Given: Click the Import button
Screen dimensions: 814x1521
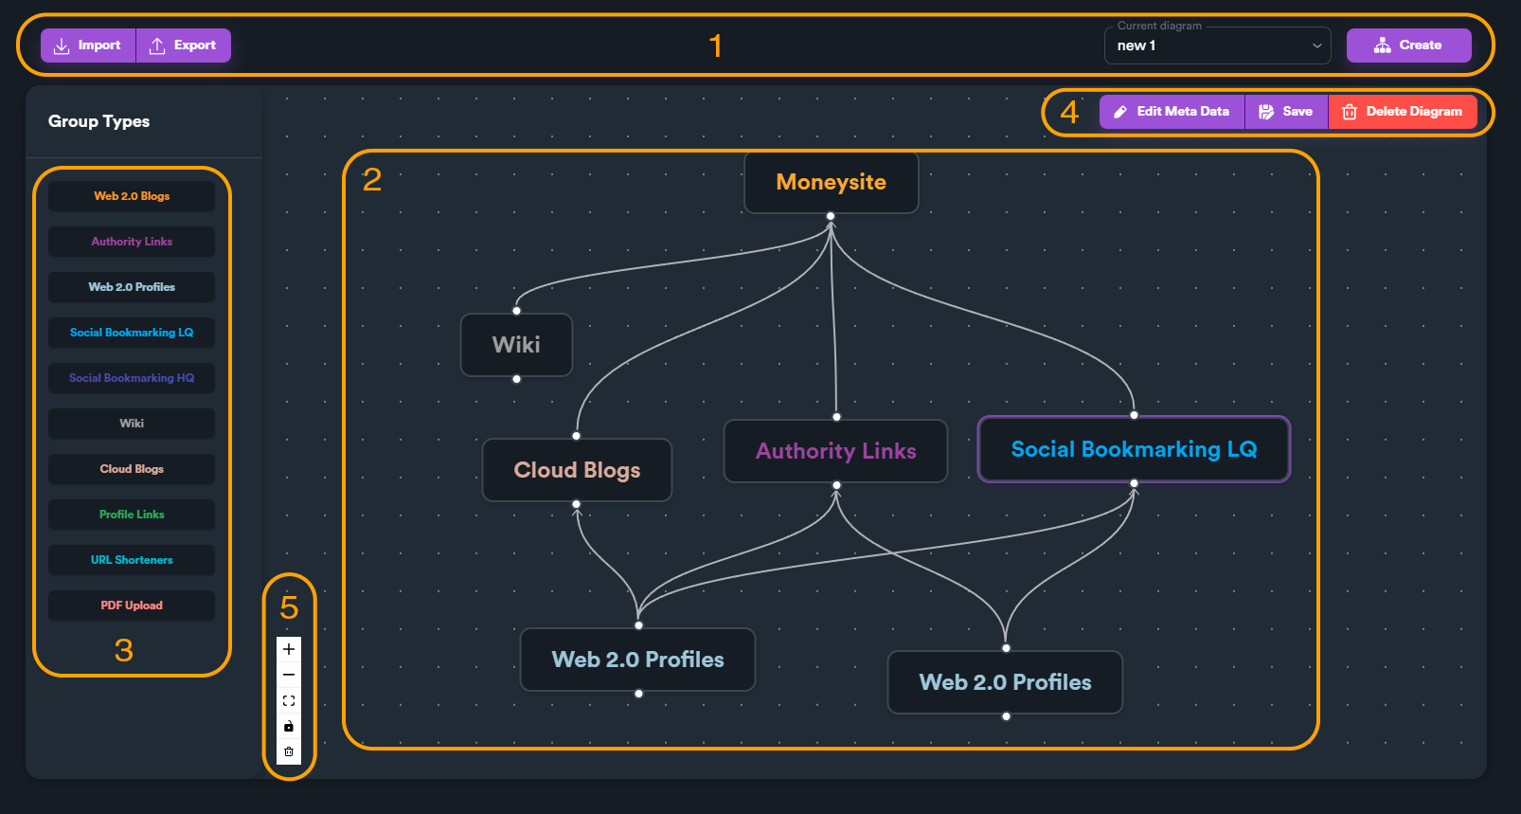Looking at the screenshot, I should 88,45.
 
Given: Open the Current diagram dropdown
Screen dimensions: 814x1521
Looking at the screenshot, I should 1217,45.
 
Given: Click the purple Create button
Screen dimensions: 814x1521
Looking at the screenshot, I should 1408,45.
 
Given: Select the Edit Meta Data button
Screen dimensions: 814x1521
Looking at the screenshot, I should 1172,112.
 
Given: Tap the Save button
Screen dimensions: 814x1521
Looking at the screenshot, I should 1286,112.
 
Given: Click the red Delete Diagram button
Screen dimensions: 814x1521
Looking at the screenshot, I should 1403,112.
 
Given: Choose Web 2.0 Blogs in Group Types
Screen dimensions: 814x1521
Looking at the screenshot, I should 132,196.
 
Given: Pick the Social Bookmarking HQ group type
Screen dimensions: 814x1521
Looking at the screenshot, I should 132,378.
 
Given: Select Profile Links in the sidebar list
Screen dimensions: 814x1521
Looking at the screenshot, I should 132,515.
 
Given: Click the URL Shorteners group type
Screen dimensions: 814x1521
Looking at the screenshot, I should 132,560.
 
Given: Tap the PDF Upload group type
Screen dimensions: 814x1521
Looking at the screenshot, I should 132,606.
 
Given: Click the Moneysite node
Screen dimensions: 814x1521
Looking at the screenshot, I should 831,182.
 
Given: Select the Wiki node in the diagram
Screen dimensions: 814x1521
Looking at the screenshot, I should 516,345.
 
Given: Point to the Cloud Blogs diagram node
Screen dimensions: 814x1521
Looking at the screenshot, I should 577,470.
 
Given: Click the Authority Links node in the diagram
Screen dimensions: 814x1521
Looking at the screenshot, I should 835,451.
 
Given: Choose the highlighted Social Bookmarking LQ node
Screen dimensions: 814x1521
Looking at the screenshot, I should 1134,449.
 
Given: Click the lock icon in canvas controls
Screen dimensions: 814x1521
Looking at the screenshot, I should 289,727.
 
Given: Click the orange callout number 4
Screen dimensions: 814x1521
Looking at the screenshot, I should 1069,113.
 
